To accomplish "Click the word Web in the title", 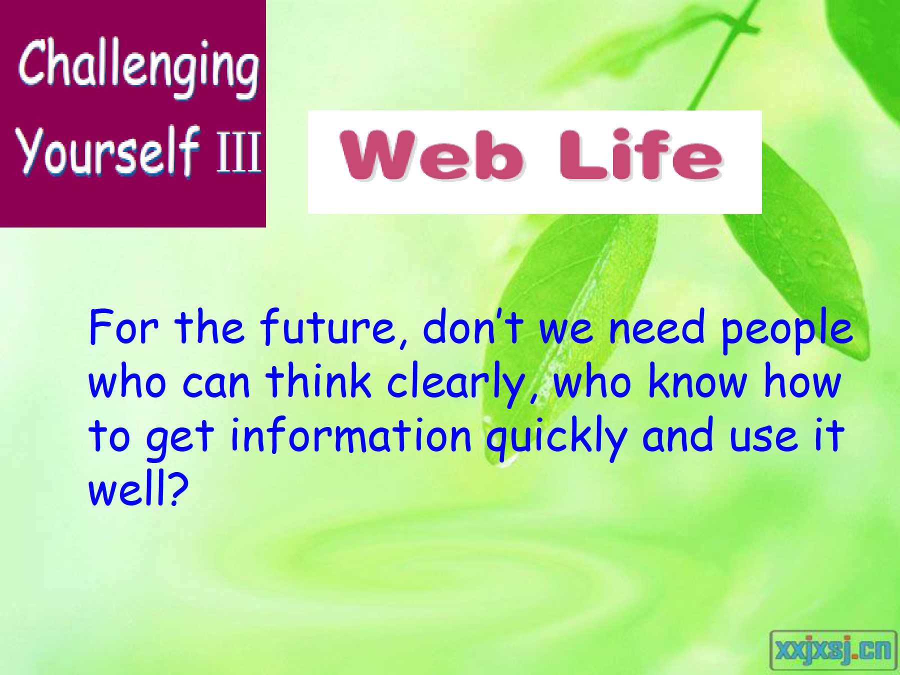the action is (432, 154).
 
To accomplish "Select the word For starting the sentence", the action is (123, 327).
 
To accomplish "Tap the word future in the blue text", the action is (334, 327).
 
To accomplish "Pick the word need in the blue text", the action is (655, 327).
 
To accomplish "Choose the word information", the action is (351, 434).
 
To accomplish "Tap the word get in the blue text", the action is (179, 440).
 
